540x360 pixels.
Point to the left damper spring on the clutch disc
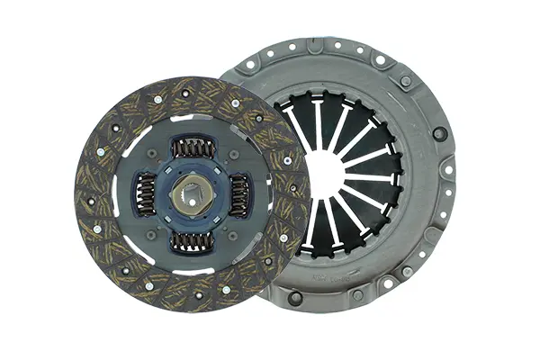click(x=145, y=194)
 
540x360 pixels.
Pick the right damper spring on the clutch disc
click(x=238, y=194)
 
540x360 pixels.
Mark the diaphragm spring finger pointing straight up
click(x=318, y=121)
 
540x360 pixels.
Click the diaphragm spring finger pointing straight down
click(x=318, y=225)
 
